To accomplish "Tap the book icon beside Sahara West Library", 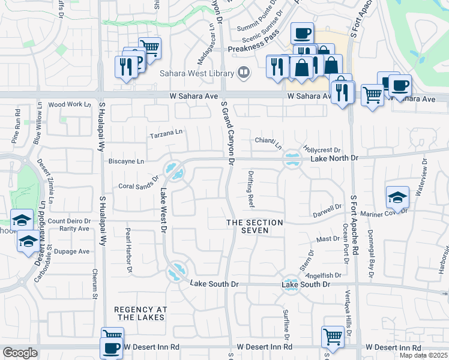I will (243, 73).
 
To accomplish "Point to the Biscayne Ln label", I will (125, 161).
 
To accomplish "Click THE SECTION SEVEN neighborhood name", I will (254, 226).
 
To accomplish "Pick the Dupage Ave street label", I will (71, 251).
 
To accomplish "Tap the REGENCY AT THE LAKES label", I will (140, 313).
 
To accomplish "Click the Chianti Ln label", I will (268, 142).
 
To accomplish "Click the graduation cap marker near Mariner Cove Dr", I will (397, 197).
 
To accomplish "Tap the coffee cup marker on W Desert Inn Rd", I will (111, 348).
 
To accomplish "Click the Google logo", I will (20, 353).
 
